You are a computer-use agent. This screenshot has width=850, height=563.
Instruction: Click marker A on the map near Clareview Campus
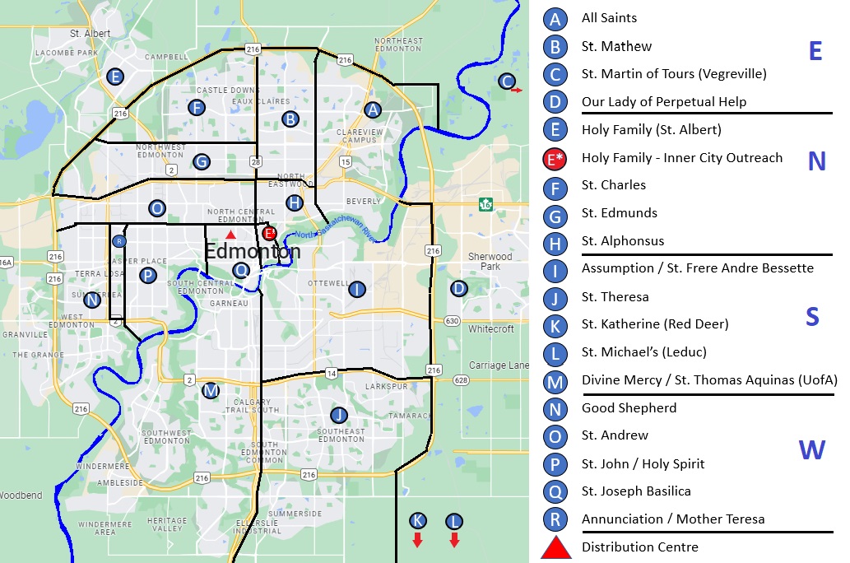click(373, 109)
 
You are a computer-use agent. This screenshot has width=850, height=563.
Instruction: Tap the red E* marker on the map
click(269, 233)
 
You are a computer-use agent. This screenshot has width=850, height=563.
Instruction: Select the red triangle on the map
click(230, 236)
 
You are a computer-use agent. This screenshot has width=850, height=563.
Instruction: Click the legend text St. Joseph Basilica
click(635, 491)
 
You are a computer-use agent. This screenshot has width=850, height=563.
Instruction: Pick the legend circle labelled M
click(556, 381)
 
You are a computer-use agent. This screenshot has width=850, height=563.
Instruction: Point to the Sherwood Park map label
click(490, 261)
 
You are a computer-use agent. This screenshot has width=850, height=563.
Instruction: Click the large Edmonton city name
click(253, 251)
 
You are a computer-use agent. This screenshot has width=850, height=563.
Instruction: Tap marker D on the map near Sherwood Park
click(458, 288)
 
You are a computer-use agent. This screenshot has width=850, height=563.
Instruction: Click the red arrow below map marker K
click(417, 540)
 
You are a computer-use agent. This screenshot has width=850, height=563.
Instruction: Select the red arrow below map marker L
click(454, 540)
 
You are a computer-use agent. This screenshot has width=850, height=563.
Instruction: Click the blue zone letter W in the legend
click(811, 450)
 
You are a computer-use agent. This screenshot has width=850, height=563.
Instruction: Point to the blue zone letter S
click(812, 317)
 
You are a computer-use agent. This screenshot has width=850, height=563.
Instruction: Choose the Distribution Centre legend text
click(639, 547)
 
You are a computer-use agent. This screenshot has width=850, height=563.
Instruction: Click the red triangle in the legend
click(556, 547)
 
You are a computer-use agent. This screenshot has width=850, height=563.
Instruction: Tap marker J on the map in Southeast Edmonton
click(338, 415)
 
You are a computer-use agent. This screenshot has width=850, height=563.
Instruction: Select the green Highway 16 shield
click(486, 204)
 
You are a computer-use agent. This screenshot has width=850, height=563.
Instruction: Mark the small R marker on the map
click(119, 241)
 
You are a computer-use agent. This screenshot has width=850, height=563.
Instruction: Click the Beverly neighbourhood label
click(364, 201)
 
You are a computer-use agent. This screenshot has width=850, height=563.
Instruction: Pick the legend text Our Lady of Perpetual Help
click(663, 102)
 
